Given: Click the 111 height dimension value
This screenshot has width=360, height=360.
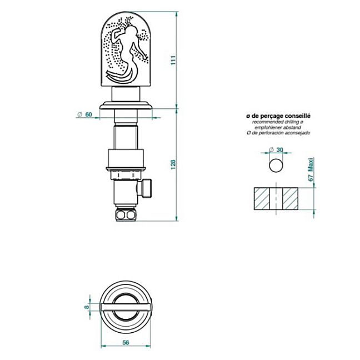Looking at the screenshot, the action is pos(173,60).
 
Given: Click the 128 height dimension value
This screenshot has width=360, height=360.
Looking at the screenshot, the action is pos(173,164).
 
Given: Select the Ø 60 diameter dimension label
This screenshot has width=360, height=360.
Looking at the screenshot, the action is pos(84,114).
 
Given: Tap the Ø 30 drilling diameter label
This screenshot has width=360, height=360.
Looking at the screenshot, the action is pos(276,149).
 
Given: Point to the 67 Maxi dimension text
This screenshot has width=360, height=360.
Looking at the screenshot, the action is pos(311,169).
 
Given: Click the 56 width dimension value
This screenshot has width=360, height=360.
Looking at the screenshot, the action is pos(126,343).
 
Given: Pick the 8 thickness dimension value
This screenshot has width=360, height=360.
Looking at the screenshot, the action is pos(87,307).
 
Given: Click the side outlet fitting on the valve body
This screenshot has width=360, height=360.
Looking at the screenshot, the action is pos(144,188).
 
